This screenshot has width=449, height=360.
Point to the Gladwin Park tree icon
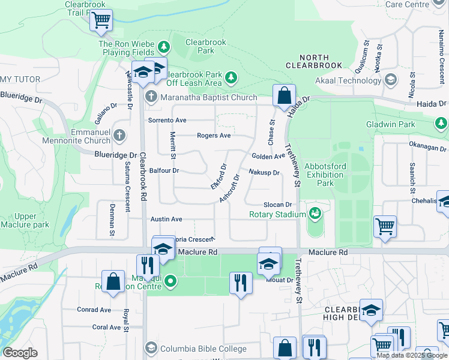(441, 124)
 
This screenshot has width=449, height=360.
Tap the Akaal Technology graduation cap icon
(391, 80)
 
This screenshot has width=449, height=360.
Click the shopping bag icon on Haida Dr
(283, 95)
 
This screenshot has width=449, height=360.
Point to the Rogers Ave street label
(214, 136)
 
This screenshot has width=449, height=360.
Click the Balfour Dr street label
(164, 170)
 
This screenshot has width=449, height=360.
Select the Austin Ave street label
(166, 220)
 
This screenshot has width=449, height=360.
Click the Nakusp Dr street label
(264, 173)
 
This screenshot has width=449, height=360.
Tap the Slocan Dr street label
(277, 205)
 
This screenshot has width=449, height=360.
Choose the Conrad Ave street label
(94, 310)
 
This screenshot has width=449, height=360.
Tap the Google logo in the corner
(20, 353)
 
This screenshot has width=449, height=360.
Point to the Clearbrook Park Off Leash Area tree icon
(231, 78)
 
